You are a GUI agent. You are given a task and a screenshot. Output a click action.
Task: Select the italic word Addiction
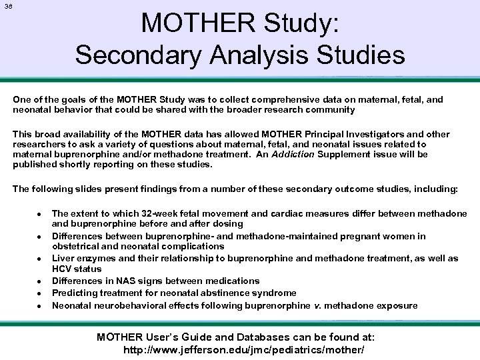pyautogui.click(x=294, y=154)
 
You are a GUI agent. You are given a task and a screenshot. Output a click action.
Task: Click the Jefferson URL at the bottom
pyautogui.click(x=244, y=349)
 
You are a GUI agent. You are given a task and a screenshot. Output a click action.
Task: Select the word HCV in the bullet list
pyautogui.click(x=62, y=269)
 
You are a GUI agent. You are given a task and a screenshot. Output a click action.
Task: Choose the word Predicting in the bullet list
pyautogui.click(x=74, y=293)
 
